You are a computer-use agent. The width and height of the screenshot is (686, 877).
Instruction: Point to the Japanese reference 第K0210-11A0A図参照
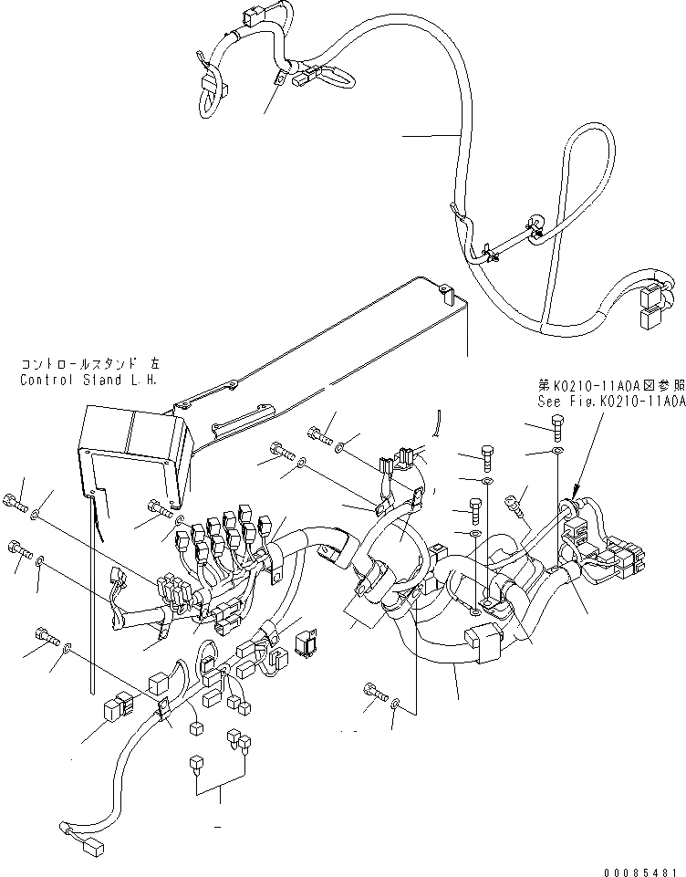click(x=609, y=385)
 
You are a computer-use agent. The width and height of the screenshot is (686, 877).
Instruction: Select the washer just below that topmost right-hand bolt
click(x=558, y=452)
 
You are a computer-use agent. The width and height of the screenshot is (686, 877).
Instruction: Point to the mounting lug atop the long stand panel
click(x=444, y=293)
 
